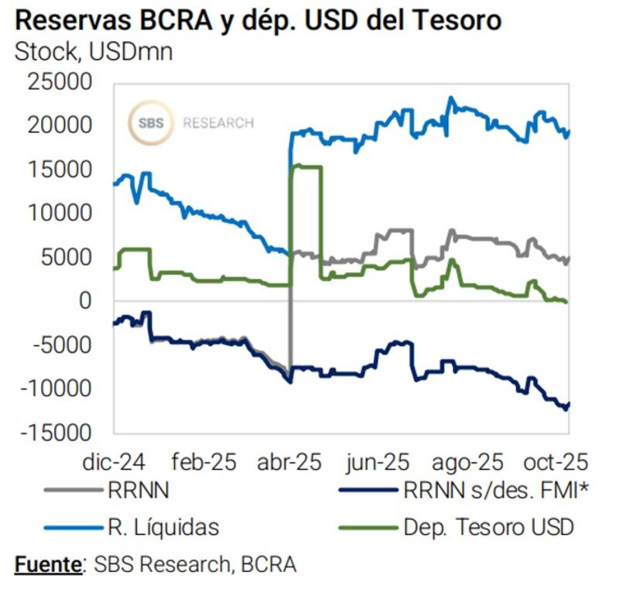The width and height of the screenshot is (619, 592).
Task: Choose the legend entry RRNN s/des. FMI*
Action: click(488, 489)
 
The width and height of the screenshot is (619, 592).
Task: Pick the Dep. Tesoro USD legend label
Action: click(488, 528)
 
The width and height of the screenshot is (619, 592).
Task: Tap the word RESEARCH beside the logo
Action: click(218, 122)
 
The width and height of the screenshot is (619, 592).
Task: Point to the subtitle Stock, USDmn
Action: click(94, 51)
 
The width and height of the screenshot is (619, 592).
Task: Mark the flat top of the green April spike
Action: click(306, 166)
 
